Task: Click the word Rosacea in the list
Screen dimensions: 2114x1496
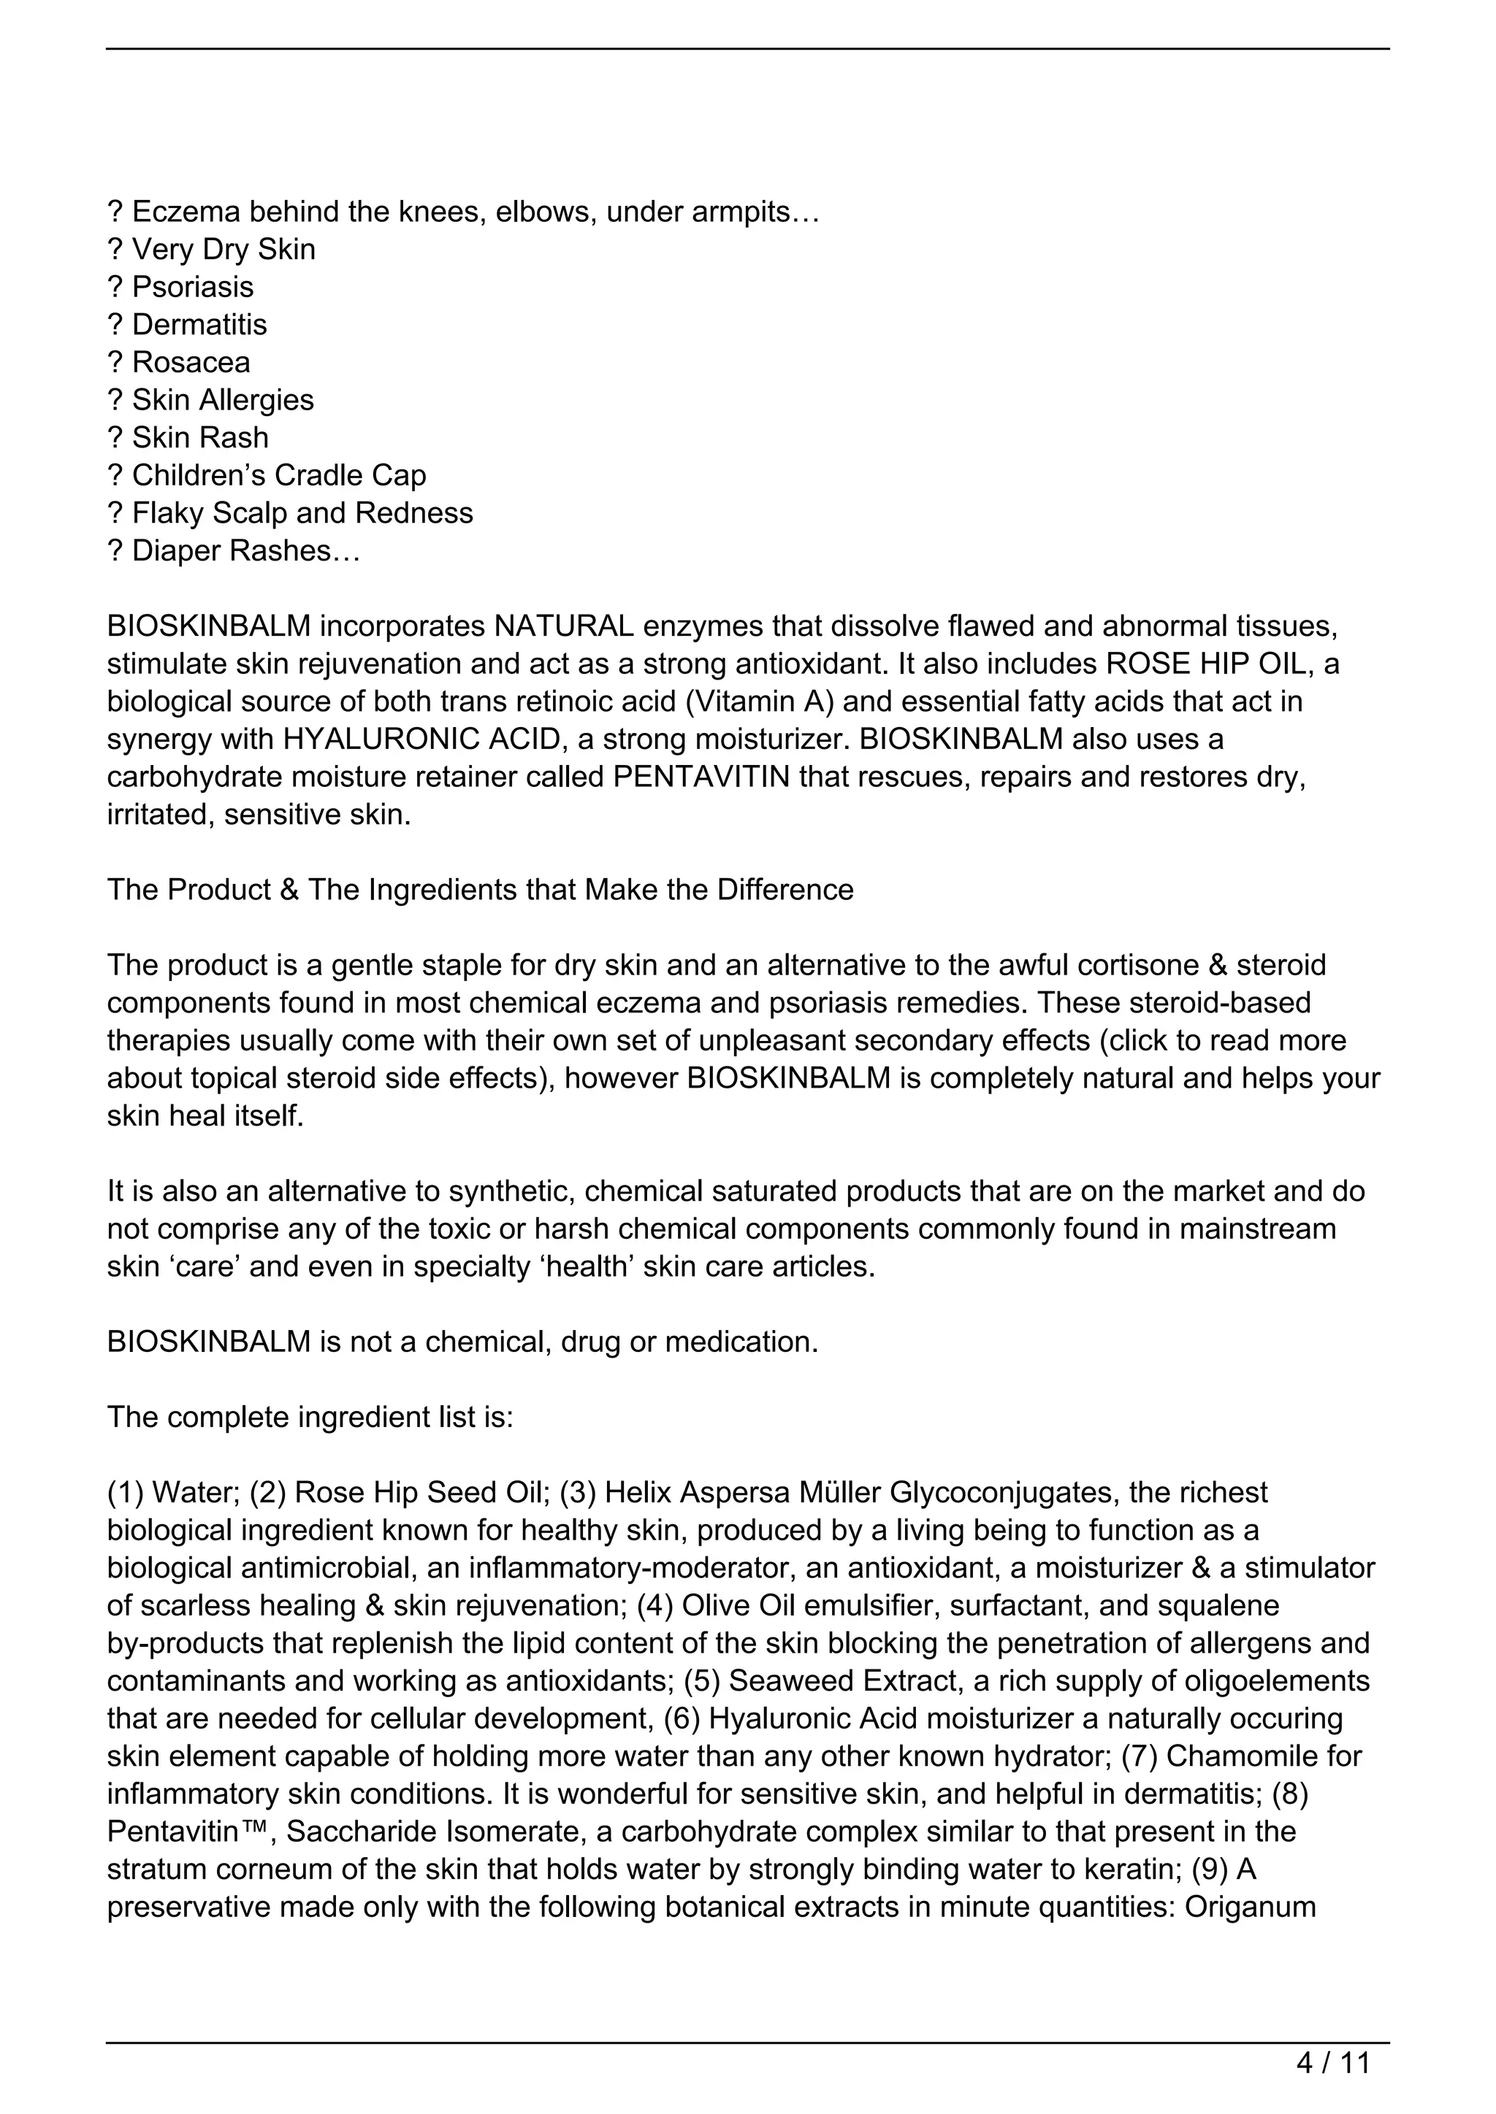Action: point(191,363)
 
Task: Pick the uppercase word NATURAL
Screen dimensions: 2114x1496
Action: point(564,626)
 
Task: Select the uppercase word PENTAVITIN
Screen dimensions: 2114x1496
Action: point(701,777)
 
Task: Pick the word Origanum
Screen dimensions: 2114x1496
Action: point(1250,1907)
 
